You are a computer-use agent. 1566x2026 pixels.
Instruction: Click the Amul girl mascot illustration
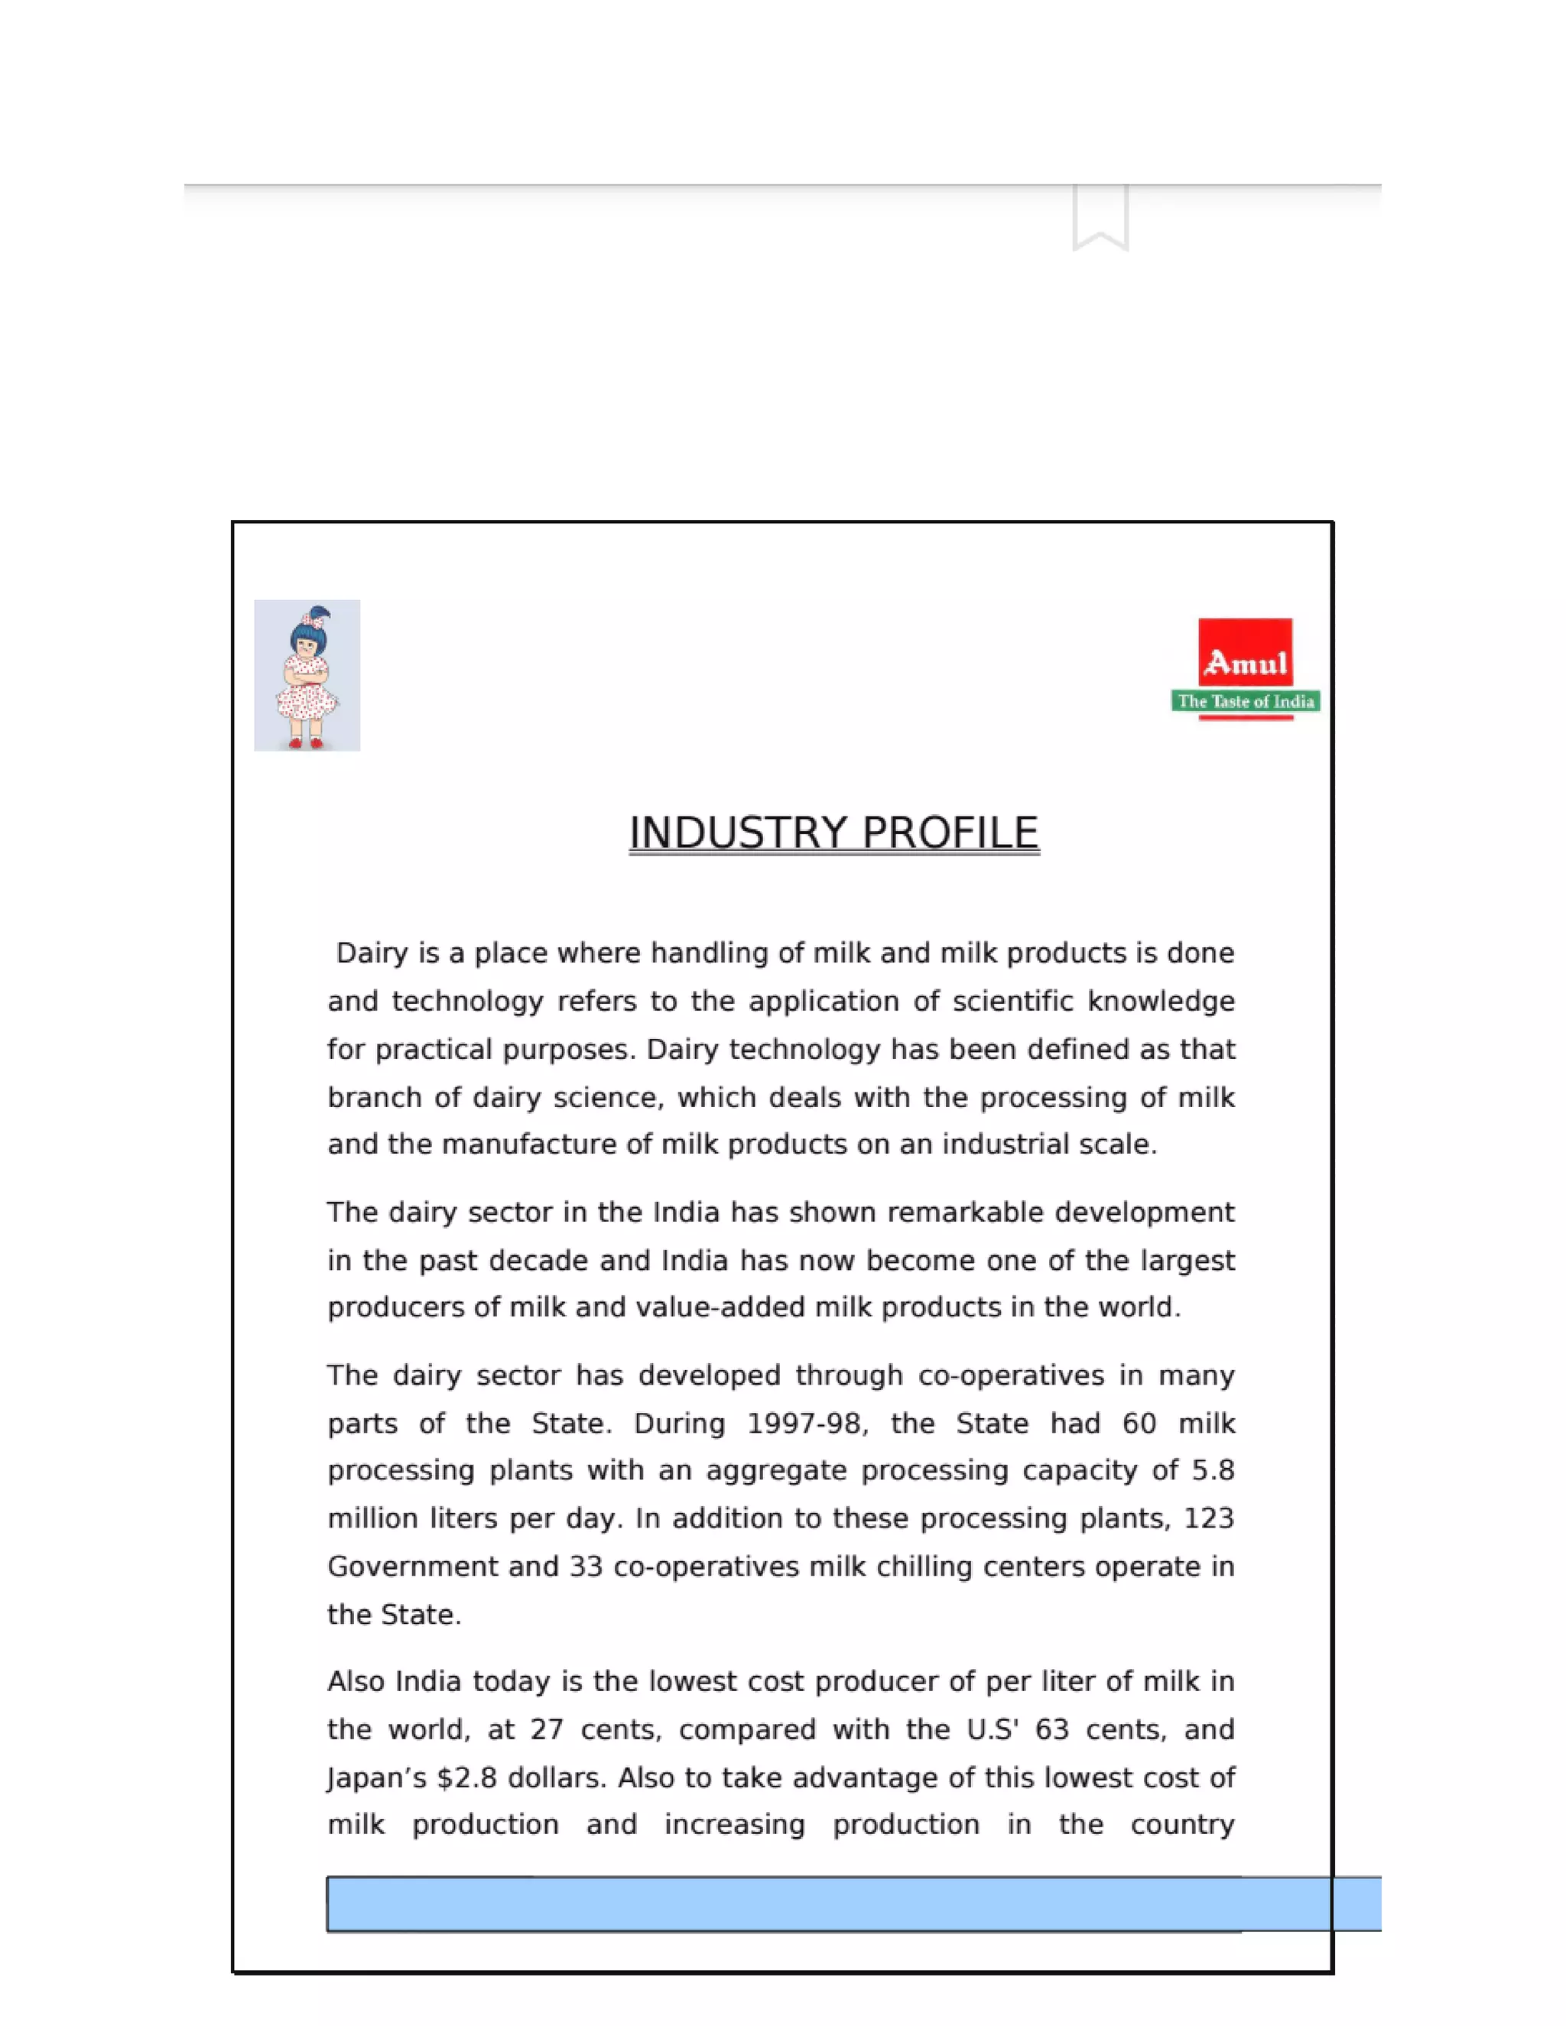(307, 675)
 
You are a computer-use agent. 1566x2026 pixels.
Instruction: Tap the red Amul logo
(1245, 653)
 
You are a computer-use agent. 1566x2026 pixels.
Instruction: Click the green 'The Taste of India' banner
(1245, 701)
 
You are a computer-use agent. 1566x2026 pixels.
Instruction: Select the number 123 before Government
(1209, 1518)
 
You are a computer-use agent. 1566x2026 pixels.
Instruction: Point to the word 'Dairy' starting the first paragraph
(372, 953)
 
